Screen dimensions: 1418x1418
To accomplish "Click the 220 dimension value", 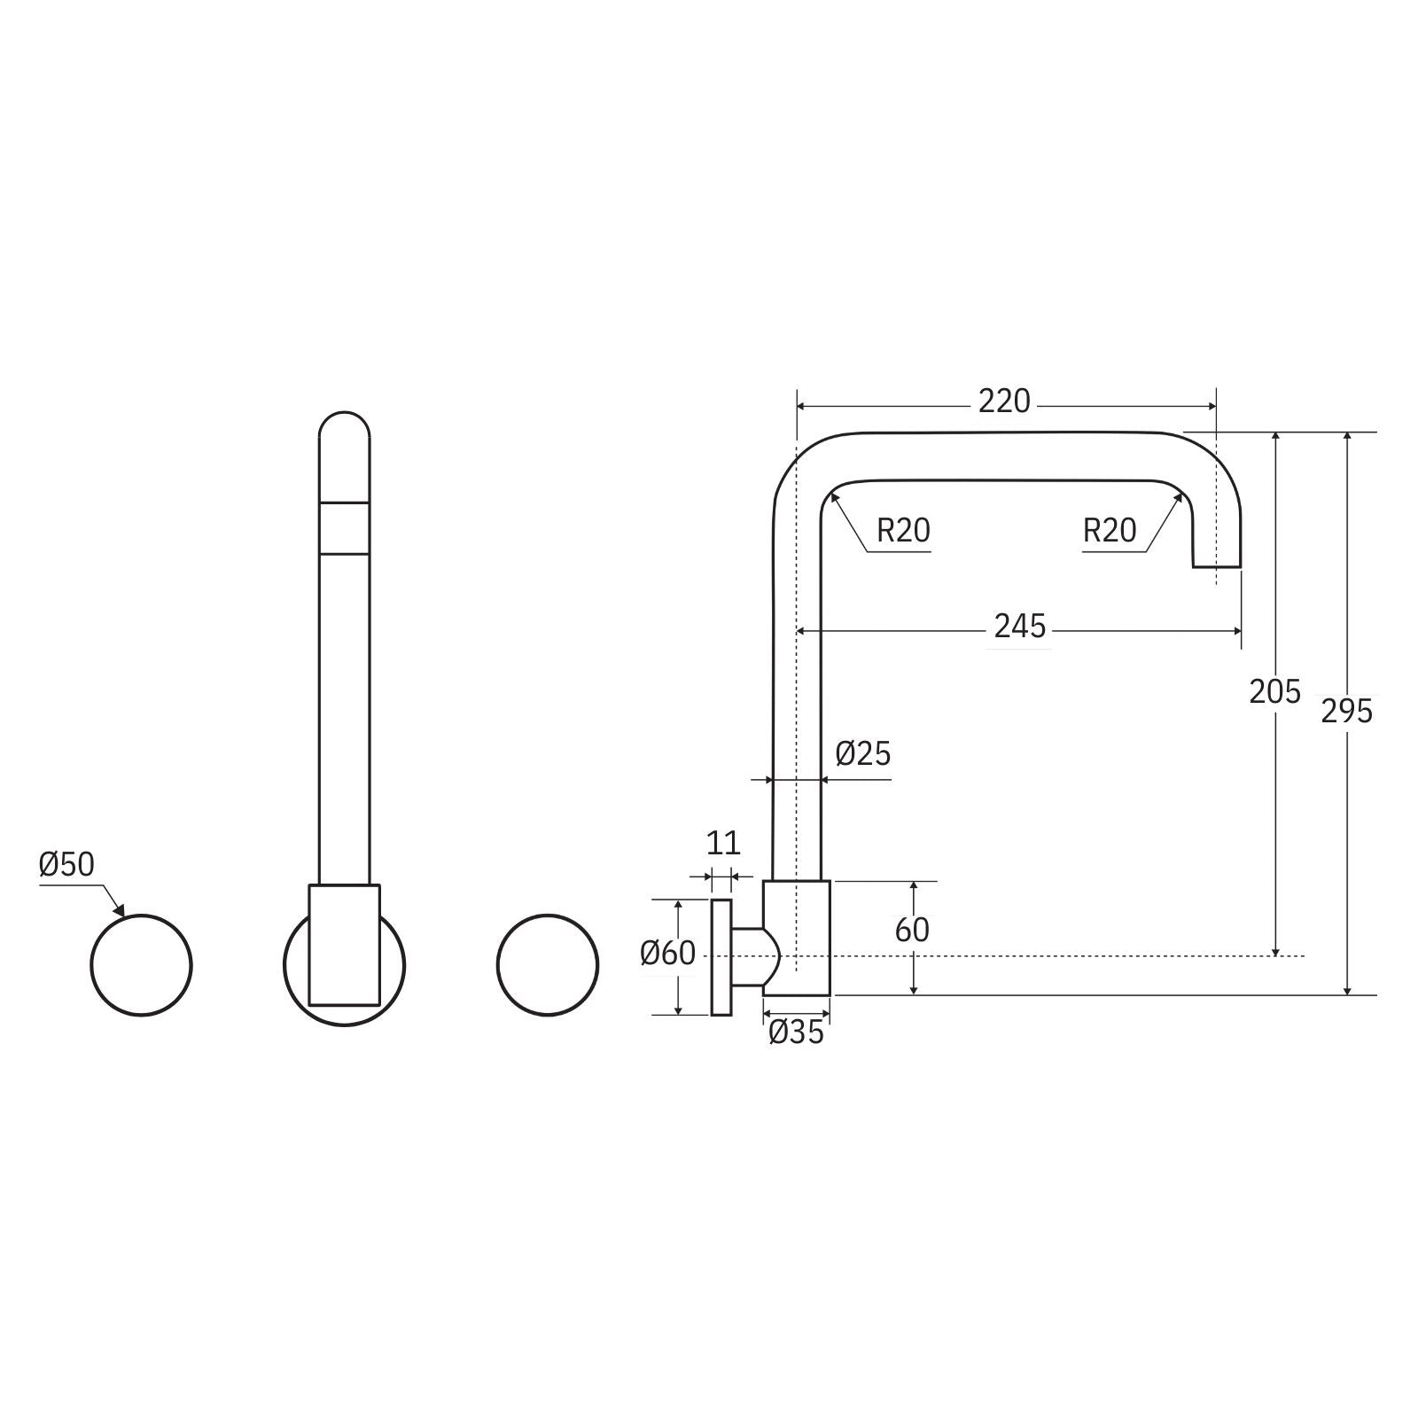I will coord(1004,401).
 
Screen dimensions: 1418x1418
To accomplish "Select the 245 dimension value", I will coord(1020,627).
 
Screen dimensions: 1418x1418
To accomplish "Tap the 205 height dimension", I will coord(1274,691).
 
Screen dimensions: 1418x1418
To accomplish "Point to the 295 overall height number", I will coord(1346,711).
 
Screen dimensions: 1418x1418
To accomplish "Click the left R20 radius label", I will coord(903,531).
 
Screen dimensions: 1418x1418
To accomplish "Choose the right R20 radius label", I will coord(1109,531).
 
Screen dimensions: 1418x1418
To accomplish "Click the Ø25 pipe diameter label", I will coord(862,754).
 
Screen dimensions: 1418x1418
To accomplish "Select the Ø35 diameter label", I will coord(796,1032).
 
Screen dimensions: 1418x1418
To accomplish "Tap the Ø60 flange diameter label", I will coord(668,954).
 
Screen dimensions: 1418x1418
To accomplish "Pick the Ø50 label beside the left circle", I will coord(66,864).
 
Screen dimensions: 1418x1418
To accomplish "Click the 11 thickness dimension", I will coord(722,842).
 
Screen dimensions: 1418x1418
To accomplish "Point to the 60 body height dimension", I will coord(912,930).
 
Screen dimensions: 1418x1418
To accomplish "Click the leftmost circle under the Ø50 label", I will coord(142,964).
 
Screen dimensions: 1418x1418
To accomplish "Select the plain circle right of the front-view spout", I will coord(548,964).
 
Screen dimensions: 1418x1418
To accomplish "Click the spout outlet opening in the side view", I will coord(1216,565).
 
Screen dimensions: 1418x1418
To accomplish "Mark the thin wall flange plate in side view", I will coord(721,957).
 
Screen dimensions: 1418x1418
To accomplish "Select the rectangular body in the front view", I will coord(344,944).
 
